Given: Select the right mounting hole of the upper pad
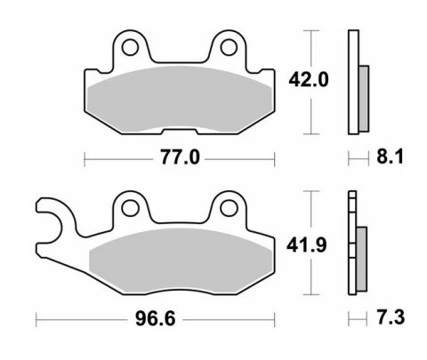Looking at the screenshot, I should pyautogui.click(x=229, y=45).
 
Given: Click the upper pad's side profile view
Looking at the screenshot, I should pyautogui.click(x=356, y=82).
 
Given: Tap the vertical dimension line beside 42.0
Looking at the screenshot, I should pyautogui.click(x=310, y=53).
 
